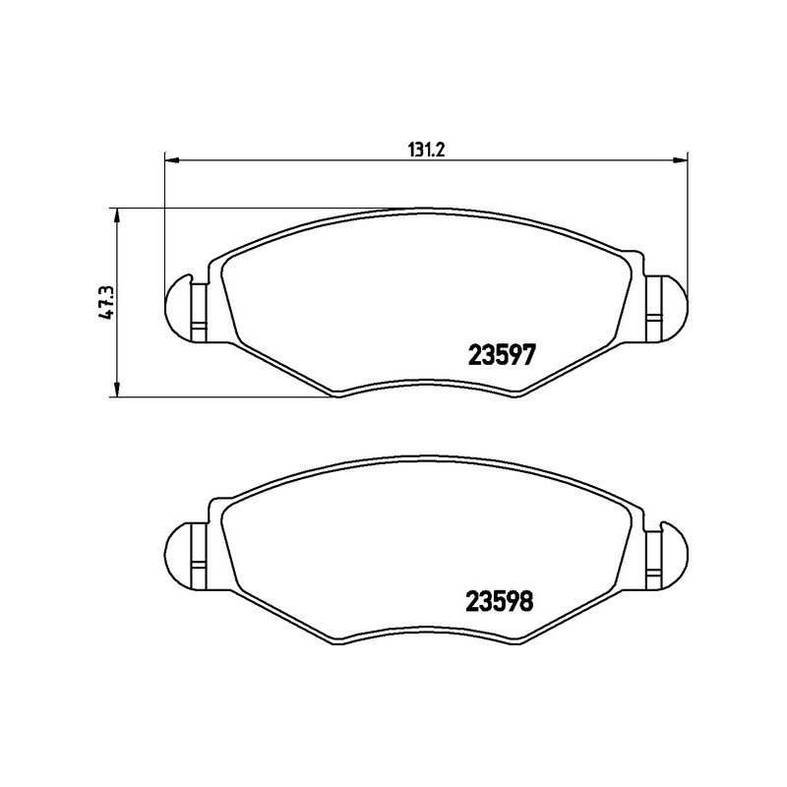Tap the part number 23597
pos(498,355)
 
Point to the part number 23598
pos(498,599)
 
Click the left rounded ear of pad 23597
pos(177,304)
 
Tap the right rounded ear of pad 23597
pos(673,304)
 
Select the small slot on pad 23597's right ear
pos(652,316)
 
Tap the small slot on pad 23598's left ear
pos(198,571)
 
